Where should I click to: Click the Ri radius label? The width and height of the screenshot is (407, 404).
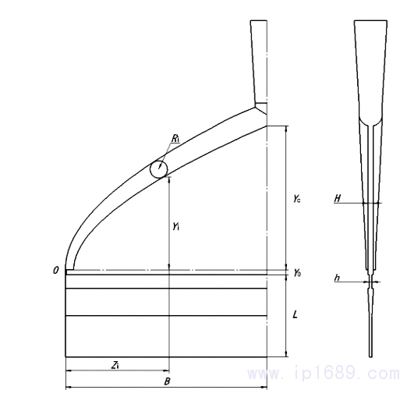175,138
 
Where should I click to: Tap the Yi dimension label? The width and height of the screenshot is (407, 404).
176,226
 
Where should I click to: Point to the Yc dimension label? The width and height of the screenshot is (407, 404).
297,199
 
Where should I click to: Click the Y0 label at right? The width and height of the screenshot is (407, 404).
298,273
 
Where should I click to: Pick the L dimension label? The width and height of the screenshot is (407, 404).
295,315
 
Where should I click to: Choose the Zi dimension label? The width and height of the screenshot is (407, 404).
115,365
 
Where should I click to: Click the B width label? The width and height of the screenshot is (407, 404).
167,381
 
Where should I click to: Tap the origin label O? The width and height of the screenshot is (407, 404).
55,271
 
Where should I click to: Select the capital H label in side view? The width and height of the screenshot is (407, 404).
337,198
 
